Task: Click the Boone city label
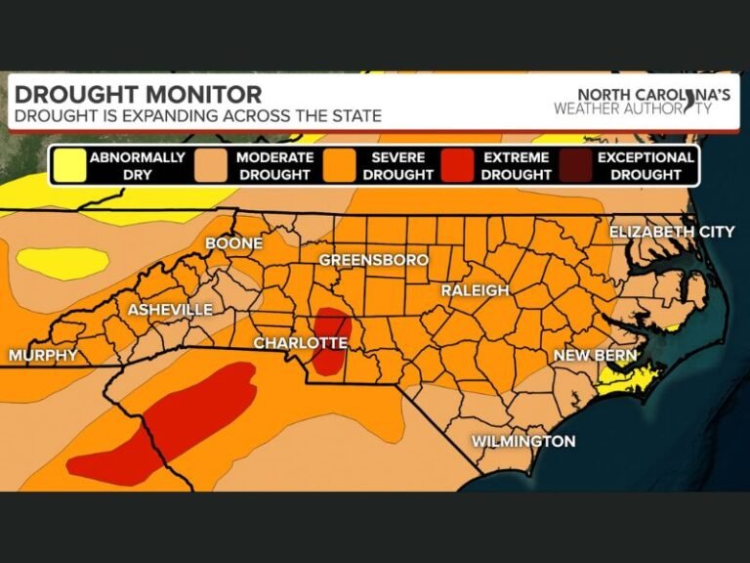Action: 233,242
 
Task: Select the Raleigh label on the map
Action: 475,290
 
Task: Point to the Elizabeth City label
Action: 671,232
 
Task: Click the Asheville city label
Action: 170,310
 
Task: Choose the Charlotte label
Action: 300,343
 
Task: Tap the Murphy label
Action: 43,356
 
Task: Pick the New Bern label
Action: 595,356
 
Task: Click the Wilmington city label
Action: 523,442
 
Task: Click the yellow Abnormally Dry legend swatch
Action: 68,165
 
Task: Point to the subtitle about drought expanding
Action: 195,115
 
